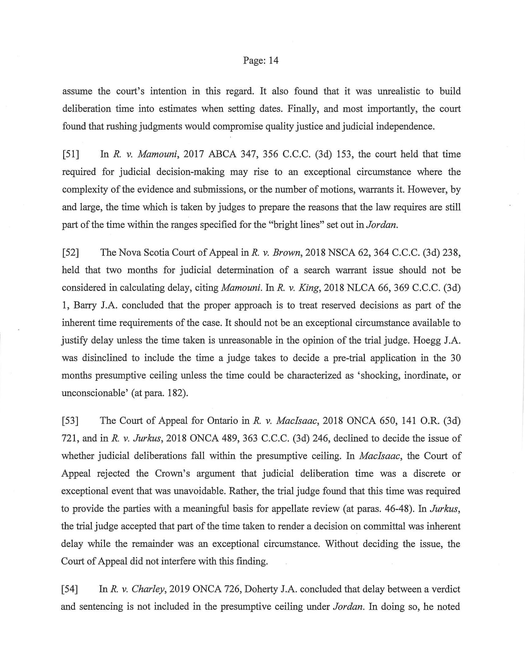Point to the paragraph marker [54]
tap(70, 589)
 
